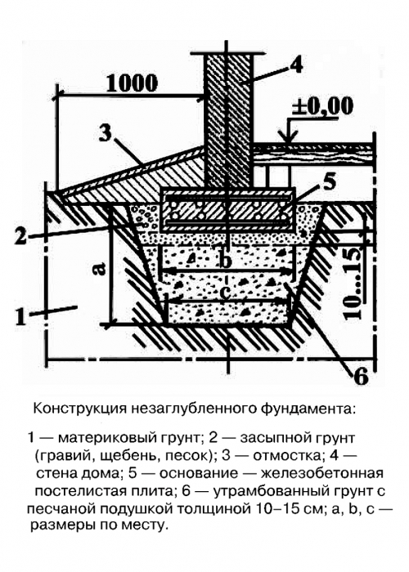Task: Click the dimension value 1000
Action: (133, 83)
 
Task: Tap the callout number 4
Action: (295, 65)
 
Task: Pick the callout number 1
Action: (20, 316)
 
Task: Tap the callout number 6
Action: (361, 377)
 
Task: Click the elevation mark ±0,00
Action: (323, 106)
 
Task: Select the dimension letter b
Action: (227, 260)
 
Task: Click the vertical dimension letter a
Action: (99, 268)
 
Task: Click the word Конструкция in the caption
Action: (79, 409)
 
